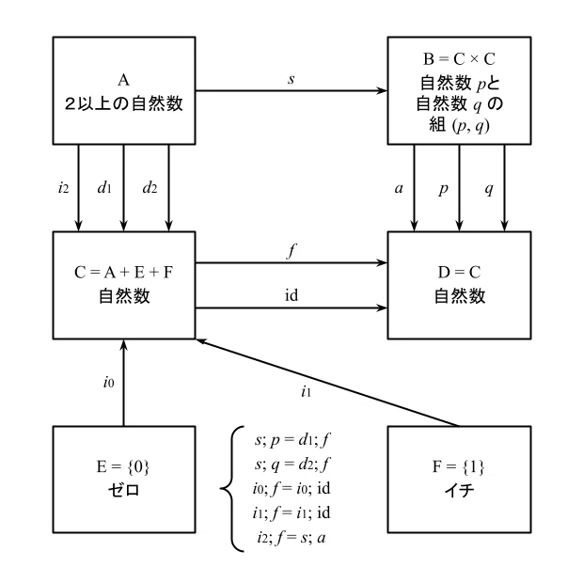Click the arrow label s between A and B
(x=291, y=79)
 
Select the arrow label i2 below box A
(x=64, y=187)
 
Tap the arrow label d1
(x=104, y=187)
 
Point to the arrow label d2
(x=150, y=187)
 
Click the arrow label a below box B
(x=399, y=188)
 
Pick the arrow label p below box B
(x=443, y=190)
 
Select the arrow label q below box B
(x=489, y=190)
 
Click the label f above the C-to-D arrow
(x=291, y=251)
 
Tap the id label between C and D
(x=291, y=295)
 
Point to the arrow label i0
(x=108, y=382)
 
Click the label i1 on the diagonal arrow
(x=306, y=391)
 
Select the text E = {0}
(x=123, y=466)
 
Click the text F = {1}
(x=459, y=466)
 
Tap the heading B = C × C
(x=459, y=58)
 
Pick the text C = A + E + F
(x=123, y=273)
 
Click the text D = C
(x=459, y=273)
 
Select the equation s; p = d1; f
(x=292, y=440)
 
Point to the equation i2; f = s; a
(x=291, y=538)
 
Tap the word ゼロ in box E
(x=123, y=490)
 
